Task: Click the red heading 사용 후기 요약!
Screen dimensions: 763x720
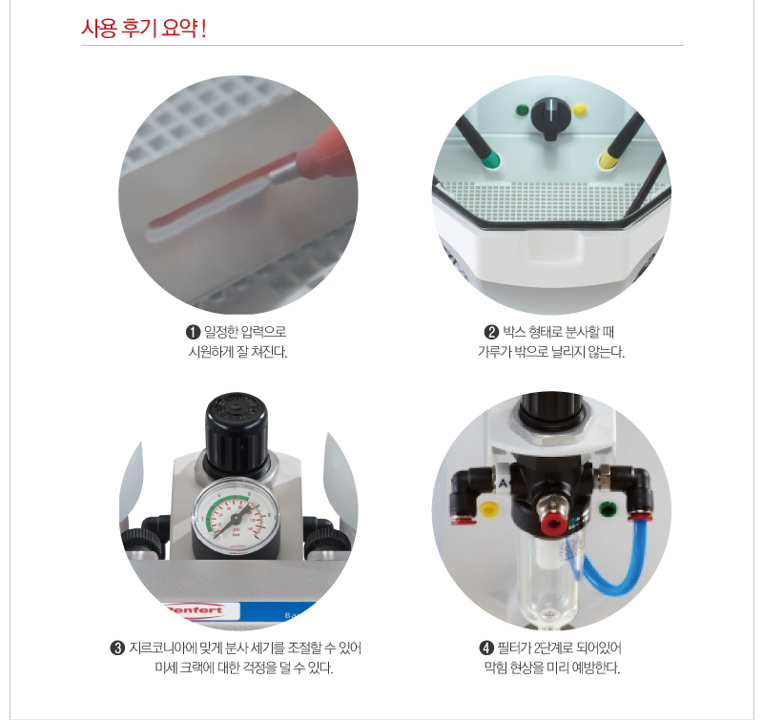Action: click(x=144, y=29)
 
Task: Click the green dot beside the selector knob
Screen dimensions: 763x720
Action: click(x=523, y=110)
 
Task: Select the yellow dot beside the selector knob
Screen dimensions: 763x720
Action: click(x=580, y=110)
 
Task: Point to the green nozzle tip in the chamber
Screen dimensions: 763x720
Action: click(x=490, y=159)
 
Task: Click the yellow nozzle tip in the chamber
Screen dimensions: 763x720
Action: click(x=608, y=159)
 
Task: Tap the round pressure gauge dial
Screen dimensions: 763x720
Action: click(x=236, y=516)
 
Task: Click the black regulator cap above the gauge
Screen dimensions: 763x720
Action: click(x=236, y=433)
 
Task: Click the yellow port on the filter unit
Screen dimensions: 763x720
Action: click(x=488, y=509)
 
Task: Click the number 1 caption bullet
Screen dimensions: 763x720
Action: click(x=194, y=332)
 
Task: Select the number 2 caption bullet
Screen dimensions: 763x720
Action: click(x=491, y=332)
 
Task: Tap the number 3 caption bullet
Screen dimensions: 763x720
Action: click(x=117, y=648)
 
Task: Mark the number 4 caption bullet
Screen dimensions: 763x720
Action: click(x=486, y=648)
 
